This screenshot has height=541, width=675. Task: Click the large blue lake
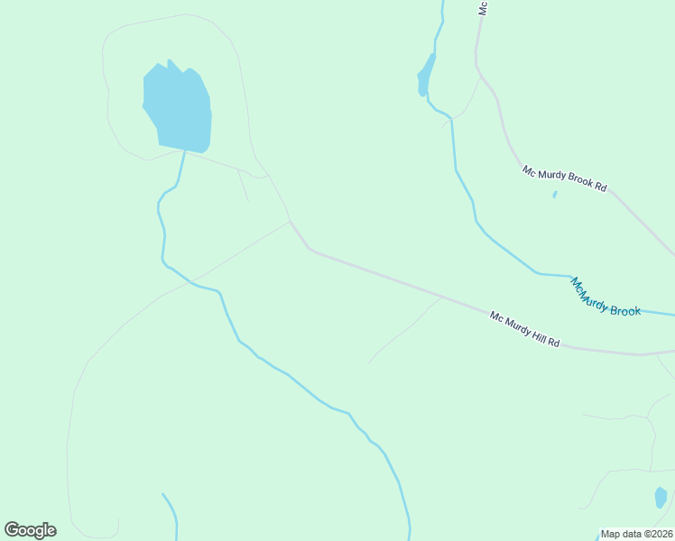[x=178, y=108]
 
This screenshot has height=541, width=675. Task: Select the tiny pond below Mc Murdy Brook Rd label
[x=554, y=194]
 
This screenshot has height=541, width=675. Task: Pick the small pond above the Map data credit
[x=661, y=498]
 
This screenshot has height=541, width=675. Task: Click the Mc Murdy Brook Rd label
[x=564, y=178]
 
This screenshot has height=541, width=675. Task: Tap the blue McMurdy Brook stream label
[x=605, y=298]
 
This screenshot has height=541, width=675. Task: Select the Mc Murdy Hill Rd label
[x=525, y=330]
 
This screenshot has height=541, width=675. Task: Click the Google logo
[x=30, y=530]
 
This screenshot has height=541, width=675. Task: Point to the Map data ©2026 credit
[x=637, y=534]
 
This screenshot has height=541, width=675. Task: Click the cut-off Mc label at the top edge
[x=484, y=7]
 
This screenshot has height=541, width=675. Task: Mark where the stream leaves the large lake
[x=185, y=151]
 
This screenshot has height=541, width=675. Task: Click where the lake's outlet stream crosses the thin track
[x=190, y=282]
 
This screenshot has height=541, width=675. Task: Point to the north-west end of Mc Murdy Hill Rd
[x=290, y=221]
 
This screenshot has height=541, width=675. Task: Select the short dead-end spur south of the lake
[x=243, y=185]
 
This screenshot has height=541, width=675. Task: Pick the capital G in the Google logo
[x=12, y=530]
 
